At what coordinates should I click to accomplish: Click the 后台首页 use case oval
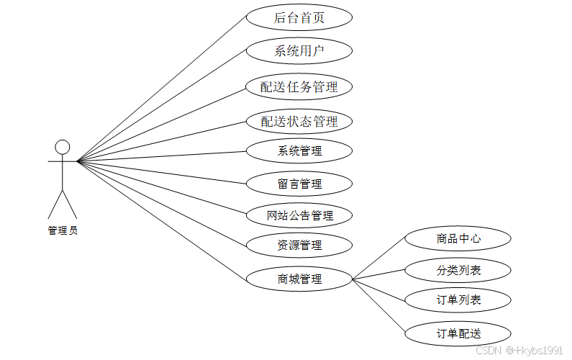tap(299, 18)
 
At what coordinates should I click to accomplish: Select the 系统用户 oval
tap(299, 51)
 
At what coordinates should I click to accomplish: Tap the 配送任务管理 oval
tap(299, 87)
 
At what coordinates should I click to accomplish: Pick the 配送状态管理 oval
tap(299, 122)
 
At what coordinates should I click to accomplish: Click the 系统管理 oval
tap(299, 151)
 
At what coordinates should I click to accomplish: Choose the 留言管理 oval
tap(299, 184)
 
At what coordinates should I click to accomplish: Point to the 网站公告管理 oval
tap(299, 215)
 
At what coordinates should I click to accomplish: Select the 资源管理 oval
tap(299, 246)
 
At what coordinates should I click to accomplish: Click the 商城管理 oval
tap(299, 279)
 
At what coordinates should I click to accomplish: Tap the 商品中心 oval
tap(458, 238)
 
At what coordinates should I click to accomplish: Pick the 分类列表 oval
tap(458, 271)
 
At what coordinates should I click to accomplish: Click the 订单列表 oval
tap(458, 300)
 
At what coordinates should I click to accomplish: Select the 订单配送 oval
tap(458, 333)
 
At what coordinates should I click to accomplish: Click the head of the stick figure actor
tap(63, 148)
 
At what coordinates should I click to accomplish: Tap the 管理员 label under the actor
tap(63, 230)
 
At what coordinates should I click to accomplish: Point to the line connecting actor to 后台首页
tap(162, 89)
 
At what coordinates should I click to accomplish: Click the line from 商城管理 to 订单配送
tap(380, 306)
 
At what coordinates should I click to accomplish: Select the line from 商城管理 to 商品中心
tap(380, 258)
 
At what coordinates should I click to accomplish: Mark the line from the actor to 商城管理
tap(162, 220)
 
